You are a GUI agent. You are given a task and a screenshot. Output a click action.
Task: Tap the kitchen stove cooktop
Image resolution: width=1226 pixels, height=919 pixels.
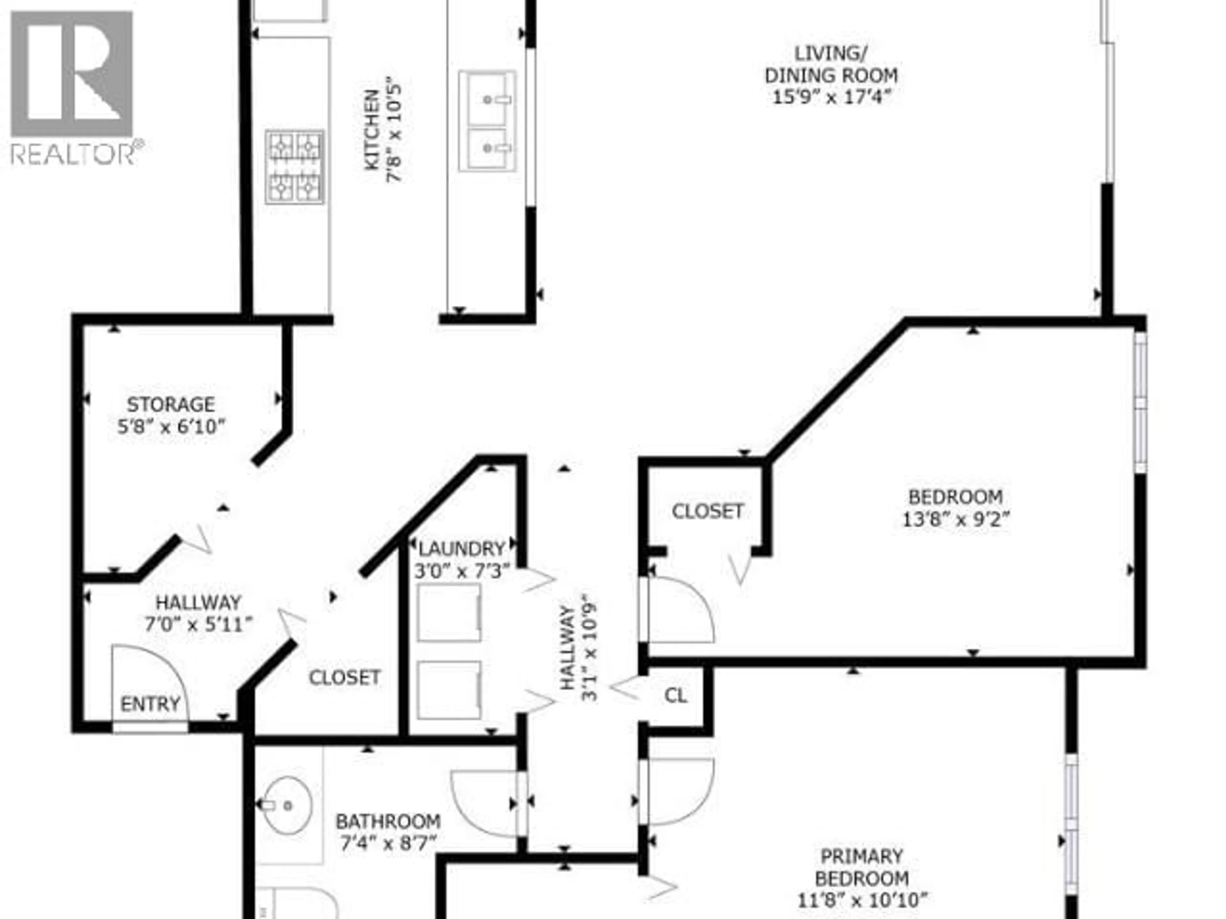click(x=294, y=167)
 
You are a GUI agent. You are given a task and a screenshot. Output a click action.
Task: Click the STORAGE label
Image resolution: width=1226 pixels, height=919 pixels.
click(x=171, y=404)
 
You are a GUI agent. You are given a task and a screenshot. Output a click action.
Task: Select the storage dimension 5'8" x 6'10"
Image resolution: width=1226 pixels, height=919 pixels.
click(x=172, y=427)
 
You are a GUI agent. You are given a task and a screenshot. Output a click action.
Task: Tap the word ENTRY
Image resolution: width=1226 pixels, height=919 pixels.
click(x=150, y=704)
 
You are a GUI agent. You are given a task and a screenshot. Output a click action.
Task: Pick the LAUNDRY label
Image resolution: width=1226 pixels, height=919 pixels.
click(x=462, y=549)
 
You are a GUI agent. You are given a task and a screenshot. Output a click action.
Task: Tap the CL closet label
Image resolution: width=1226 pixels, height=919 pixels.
click(x=675, y=695)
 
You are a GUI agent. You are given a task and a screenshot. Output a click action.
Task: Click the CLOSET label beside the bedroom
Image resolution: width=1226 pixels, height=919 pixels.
click(x=707, y=511)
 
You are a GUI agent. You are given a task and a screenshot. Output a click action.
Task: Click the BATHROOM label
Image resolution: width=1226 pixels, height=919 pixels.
click(x=388, y=821)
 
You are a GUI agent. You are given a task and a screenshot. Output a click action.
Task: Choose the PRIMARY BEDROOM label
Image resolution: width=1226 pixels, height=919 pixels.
click(x=861, y=867)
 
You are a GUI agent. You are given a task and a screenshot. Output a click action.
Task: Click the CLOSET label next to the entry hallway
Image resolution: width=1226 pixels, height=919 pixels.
click(x=344, y=677)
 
